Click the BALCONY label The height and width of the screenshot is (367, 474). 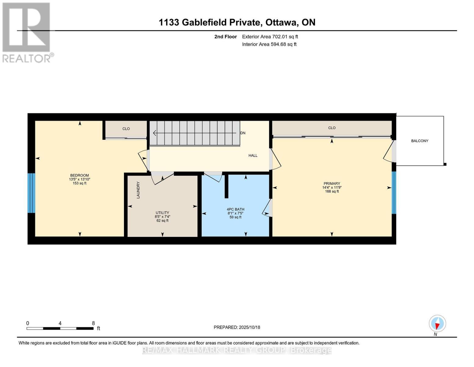click(419, 141)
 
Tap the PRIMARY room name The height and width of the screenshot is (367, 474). click(331, 183)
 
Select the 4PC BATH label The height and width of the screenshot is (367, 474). click(235, 209)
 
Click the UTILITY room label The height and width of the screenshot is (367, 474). click(162, 213)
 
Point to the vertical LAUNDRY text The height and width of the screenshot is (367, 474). click(138, 190)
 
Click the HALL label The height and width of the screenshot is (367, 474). click(253, 156)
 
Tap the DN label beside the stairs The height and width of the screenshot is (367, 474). click(243, 133)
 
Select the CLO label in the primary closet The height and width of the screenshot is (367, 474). click(332, 128)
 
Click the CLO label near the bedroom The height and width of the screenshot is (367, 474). click(126, 129)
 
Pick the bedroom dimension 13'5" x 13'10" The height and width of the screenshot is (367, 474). click(80, 180)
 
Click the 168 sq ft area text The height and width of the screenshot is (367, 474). click(332, 191)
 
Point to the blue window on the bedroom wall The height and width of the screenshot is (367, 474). click(31, 193)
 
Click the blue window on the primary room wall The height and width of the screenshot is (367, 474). click(394, 192)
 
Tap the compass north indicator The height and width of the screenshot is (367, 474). click(437, 324)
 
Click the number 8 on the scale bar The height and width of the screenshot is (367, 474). click(93, 323)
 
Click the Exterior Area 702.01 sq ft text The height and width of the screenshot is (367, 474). click(270, 37)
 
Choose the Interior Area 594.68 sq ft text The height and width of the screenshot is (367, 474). click(269, 44)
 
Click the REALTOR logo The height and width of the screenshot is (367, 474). click(27, 32)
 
